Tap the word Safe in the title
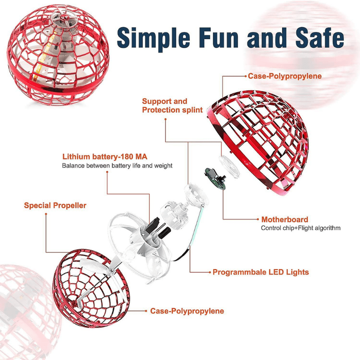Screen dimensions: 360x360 (319, 37)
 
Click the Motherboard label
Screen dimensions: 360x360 (285, 220)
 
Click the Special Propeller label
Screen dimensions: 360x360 (55, 206)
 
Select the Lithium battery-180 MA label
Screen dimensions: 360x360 (105, 157)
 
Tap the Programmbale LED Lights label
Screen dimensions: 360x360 (261, 272)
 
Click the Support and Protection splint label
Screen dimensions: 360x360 (172, 105)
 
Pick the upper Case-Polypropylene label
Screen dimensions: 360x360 (285, 76)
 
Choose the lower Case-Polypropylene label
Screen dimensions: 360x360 (187, 311)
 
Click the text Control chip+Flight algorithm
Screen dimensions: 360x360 (301, 228)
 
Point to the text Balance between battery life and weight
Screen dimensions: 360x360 (117, 166)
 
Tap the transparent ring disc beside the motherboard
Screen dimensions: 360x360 (229, 167)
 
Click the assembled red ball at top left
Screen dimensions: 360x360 (58, 54)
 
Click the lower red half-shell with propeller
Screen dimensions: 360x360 (91, 288)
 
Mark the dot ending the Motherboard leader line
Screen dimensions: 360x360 (258, 219)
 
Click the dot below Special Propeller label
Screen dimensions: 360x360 (46, 214)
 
